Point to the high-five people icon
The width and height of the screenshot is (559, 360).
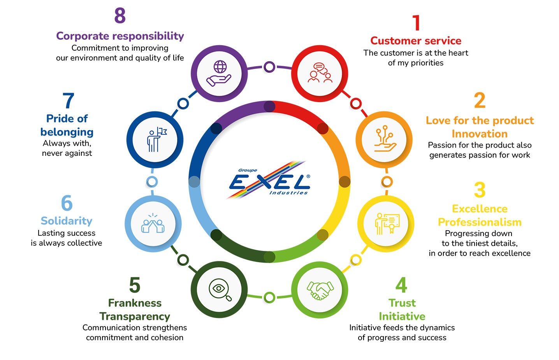coord(153,224)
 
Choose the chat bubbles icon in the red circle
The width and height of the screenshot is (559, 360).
coord(320,73)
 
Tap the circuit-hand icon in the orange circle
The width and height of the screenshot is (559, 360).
coord(384,139)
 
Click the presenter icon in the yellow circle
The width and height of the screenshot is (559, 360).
coord(386,224)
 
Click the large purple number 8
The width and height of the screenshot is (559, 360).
coord(120,16)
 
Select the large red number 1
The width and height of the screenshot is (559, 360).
coord(417,23)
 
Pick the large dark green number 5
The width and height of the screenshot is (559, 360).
coord(135,285)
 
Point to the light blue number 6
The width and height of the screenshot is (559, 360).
coord(67,203)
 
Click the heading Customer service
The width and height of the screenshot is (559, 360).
coord(416,41)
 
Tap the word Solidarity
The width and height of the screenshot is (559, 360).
coord(67,221)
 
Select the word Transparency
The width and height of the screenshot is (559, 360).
coord(135,316)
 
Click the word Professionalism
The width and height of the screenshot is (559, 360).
coord(480,222)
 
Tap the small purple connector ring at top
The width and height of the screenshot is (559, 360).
coord(269,67)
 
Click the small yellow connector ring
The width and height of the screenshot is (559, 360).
coord(356,260)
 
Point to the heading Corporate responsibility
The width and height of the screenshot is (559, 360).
coord(120,36)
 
